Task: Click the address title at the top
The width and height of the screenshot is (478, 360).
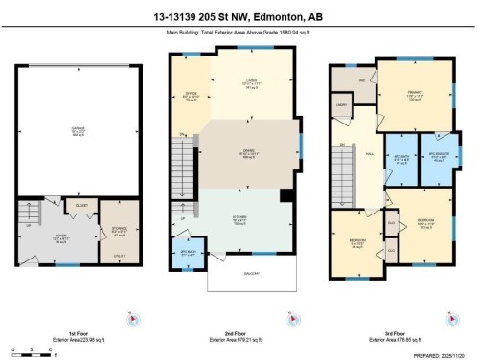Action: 239,16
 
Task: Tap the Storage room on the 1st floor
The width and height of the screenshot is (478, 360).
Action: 120,231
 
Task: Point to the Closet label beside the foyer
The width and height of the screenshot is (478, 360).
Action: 82,204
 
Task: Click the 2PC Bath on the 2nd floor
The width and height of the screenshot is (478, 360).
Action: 189,254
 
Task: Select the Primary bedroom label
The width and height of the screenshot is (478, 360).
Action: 413,95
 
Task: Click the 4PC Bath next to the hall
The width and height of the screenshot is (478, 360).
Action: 400,160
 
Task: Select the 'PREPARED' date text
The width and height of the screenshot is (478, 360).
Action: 443,354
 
